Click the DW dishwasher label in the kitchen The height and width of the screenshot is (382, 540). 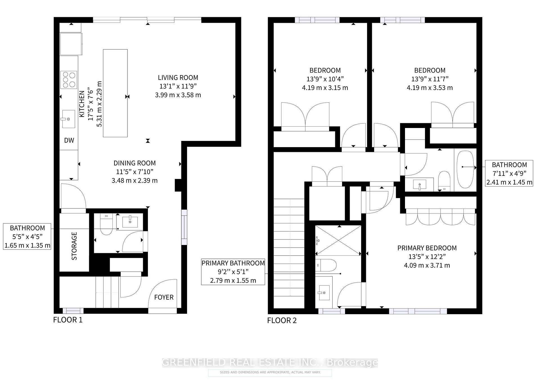[x=69, y=140]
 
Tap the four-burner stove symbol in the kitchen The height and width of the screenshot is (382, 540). [x=69, y=80]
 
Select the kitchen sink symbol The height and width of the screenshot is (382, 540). [x=68, y=119]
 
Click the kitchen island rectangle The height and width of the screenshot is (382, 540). [x=115, y=93]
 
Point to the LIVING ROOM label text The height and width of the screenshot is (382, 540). [x=178, y=78]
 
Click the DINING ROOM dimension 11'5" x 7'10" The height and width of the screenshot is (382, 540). [x=134, y=172]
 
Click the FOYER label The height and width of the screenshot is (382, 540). [x=164, y=297]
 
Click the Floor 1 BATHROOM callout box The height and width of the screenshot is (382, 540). [x=27, y=236]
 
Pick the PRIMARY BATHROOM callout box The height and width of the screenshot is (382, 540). [x=233, y=272]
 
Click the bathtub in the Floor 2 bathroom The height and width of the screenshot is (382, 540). [x=465, y=170]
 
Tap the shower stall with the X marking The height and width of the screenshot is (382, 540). [x=338, y=241]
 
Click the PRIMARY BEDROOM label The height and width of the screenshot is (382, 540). [x=427, y=248]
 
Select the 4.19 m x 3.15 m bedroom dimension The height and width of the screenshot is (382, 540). [x=325, y=88]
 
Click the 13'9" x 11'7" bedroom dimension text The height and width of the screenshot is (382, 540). [x=430, y=79]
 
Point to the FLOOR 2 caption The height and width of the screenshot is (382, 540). [x=282, y=320]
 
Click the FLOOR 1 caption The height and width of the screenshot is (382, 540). [x=68, y=320]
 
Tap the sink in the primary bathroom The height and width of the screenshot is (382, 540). [x=324, y=292]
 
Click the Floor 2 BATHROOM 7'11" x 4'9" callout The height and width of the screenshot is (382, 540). [x=509, y=173]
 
